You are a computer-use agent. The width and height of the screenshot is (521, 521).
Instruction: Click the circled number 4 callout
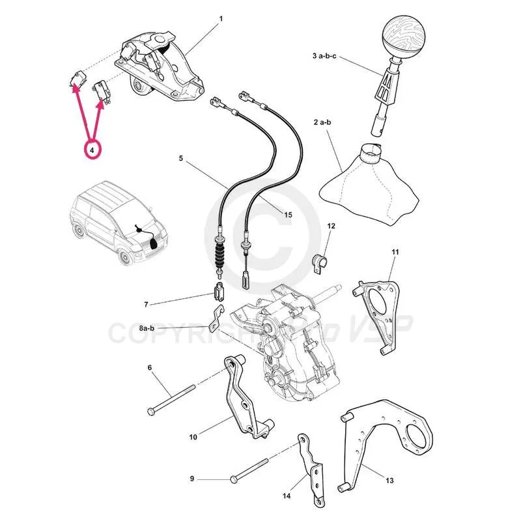click(x=92, y=150)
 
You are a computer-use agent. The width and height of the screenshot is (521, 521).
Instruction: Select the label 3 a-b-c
click(x=325, y=57)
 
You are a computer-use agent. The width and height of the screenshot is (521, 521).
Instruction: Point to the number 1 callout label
click(x=221, y=18)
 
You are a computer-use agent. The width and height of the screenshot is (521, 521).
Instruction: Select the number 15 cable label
click(x=289, y=214)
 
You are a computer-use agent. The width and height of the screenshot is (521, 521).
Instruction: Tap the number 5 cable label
click(x=182, y=158)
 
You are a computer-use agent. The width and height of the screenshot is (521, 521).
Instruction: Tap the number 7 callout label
click(x=147, y=304)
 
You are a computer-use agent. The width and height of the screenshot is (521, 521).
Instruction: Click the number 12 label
click(x=331, y=226)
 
